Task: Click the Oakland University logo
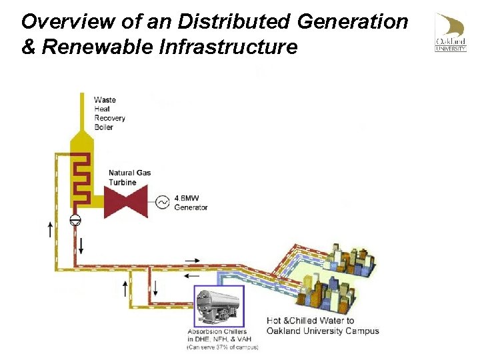tap(451, 32)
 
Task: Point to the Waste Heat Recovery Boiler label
tap(109, 113)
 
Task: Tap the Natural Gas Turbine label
tap(129, 177)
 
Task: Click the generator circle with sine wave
tap(163, 202)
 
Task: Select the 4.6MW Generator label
tap(191, 203)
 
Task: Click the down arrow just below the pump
tap(81, 244)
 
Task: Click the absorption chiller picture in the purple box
tap(219, 306)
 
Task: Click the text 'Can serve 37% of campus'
tap(222, 347)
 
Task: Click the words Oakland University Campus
tap(323, 331)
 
